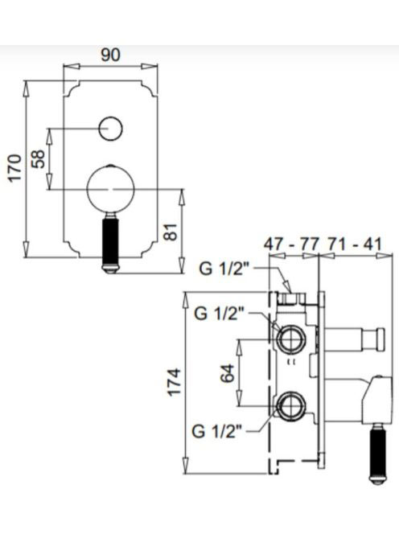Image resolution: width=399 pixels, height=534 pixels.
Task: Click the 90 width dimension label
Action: pyautogui.click(x=111, y=55)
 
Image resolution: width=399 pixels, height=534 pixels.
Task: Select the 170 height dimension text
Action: pyautogui.click(x=15, y=168)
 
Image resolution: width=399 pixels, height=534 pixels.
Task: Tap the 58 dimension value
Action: pyautogui.click(x=38, y=158)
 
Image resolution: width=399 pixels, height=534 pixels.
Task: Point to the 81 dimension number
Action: pyautogui.click(x=171, y=232)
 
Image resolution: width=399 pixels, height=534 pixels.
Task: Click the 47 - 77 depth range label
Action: pyautogui.click(x=292, y=244)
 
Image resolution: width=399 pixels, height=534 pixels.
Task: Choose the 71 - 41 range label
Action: pyautogui.click(x=355, y=244)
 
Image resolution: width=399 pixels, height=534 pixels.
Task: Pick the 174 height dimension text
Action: pyautogui.click(x=174, y=381)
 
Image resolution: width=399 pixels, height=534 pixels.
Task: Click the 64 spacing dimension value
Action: pyautogui.click(x=228, y=373)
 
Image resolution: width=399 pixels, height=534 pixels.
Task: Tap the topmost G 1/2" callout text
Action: pyautogui.click(x=225, y=269)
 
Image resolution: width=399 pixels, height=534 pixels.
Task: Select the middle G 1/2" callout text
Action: pyautogui.click(x=220, y=314)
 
